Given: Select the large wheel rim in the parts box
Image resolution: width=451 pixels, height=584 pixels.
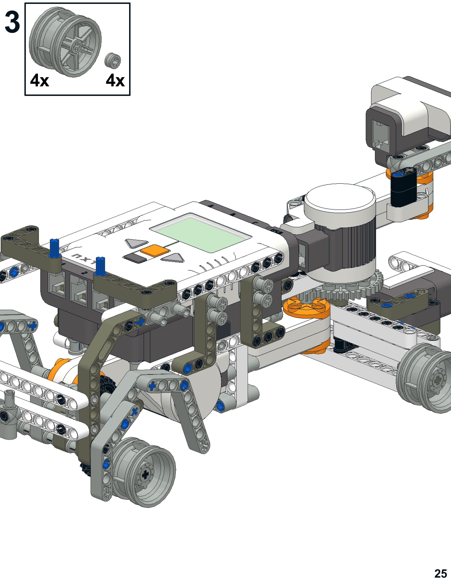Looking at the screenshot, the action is (x=65, y=42).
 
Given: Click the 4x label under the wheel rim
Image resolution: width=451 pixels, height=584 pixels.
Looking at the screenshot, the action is (x=40, y=80).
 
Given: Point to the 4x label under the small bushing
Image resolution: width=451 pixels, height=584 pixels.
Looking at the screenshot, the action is (x=115, y=80).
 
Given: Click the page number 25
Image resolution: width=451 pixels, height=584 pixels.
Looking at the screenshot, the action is (x=441, y=574).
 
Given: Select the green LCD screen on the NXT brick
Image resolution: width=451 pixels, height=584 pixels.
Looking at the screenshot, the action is (x=200, y=233).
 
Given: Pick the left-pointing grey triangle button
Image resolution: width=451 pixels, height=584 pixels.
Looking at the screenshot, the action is (x=136, y=243).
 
